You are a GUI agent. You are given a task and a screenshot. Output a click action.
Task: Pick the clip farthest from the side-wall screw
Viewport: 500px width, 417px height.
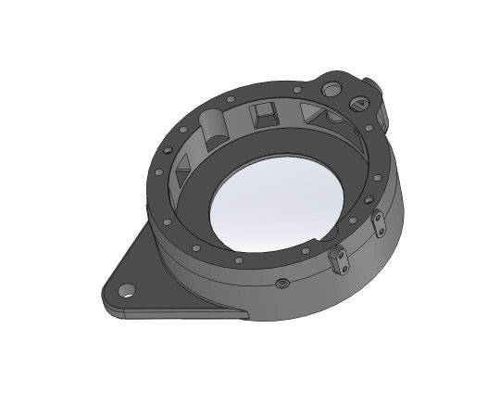click(379, 223)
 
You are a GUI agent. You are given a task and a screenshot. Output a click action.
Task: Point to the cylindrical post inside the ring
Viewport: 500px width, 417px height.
click(214, 124)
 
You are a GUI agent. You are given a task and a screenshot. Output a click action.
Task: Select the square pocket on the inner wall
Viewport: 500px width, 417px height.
click(264, 116)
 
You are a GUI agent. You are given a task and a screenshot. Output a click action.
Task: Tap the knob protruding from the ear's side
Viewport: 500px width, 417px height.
click(377, 90)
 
